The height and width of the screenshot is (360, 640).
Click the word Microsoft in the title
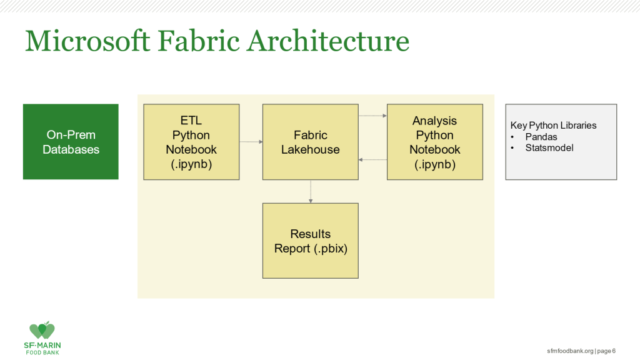point(87,41)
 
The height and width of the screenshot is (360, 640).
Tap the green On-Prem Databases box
point(71,142)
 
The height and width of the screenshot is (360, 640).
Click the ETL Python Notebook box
point(191,142)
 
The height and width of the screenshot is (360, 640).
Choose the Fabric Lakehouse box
point(311,142)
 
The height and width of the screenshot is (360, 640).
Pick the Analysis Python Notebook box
point(435,142)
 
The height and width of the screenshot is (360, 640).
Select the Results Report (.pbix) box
point(311,241)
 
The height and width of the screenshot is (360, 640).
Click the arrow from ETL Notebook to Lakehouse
point(251,142)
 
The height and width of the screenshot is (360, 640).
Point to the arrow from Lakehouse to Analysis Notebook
point(372,116)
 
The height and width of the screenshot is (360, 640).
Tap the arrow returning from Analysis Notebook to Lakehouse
point(372,159)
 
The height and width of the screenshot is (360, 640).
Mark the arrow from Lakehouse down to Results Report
point(311,191)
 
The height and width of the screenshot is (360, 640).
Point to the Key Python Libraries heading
point(554,125)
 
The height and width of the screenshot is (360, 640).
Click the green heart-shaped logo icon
point(42,330)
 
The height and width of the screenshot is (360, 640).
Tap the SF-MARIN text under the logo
point(42,345)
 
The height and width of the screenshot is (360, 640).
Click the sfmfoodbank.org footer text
point(570,351)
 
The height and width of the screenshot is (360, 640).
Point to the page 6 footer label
point(606,351)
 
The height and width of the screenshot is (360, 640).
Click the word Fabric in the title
point(199,41)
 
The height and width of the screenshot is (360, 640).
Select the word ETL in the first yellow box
point(191,121)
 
